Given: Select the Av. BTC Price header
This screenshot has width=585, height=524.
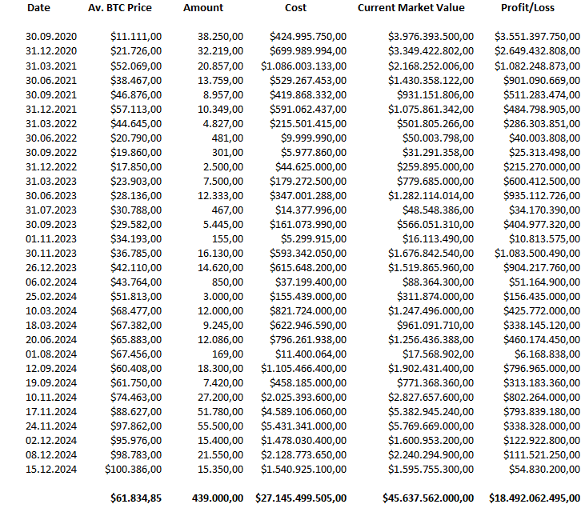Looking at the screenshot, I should tap(119, 8).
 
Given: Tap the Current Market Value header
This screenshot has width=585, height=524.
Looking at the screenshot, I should tap(422, 8).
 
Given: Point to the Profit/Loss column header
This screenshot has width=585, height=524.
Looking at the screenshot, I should tap(527, 8).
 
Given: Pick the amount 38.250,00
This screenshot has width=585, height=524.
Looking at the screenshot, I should tap(220, 37).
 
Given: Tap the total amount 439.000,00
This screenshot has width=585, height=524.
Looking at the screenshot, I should tap(218, 498).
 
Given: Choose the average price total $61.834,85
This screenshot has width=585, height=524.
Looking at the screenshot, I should tap(136, 498).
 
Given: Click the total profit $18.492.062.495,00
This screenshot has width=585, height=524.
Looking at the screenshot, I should tap(534, 498).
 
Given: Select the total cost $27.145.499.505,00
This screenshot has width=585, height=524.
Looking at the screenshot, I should tap(301, 498).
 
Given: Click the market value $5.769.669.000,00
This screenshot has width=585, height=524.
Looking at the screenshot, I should tap(431, 426).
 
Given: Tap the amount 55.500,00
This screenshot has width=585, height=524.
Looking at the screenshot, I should tap(220, 426).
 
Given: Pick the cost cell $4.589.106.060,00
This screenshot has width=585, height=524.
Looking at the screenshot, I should tap(303, 414).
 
